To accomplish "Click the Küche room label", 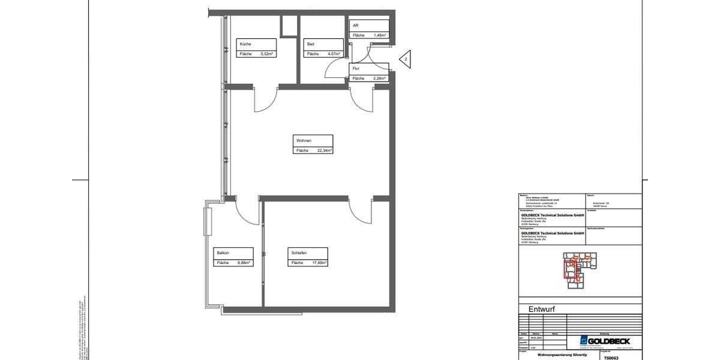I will click(x=245, y=44).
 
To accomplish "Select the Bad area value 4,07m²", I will click(x=332, y=54).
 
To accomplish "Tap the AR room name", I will click(x=356, y=26).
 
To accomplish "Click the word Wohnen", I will click(x=304, y=140).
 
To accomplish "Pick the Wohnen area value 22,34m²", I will click(x=323, y=151).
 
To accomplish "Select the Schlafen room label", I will click(x=298, y=253).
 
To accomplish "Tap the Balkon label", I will click(x=224, y=253).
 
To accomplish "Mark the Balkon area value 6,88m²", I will click(x=242, y=263).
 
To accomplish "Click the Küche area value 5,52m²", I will click(x=266, y=54).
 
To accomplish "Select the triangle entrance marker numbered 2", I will click(x=406, y=59).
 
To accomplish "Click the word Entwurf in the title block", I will click(x=542, y=310).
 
